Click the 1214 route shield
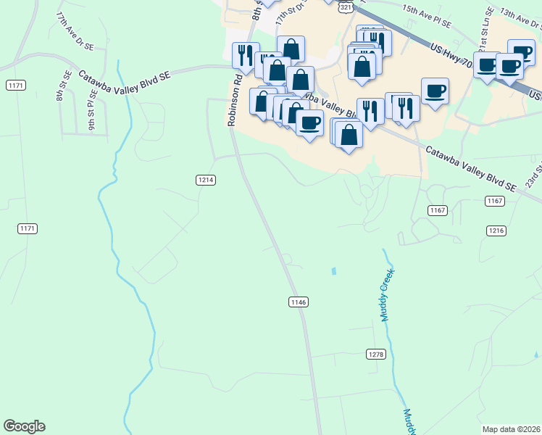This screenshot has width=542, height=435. tap(206, 180)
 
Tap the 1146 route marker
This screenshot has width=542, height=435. tap(299, 302)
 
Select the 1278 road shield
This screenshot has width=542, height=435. tap(375, 354)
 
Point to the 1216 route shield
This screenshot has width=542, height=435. tap(496, 230)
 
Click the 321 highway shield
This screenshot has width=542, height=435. tap(346, 7)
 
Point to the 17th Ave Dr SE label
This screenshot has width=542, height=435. tap(76, 30)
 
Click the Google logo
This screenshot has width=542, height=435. tap(24, 426)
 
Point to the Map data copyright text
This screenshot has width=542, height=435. tap(511, 429)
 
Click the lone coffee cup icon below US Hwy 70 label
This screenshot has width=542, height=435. tap(434, 91)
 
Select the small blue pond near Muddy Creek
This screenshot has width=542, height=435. tap(333, 272)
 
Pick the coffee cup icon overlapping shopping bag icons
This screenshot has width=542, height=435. tap(310, 123)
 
